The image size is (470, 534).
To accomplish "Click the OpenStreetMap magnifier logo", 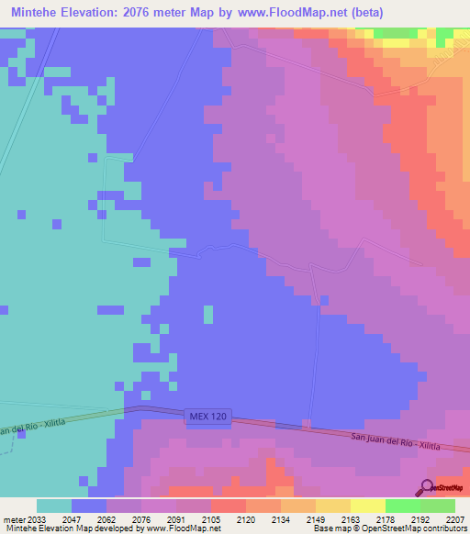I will [x=428, y=488].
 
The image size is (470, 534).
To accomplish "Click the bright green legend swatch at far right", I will [x=438, y=506].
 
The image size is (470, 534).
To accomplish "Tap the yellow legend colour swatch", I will [x=367, y=506].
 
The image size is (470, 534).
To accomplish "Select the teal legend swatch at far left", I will [x=53, y=506].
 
